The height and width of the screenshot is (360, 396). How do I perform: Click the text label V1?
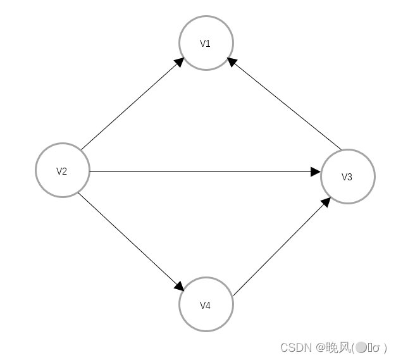coord(206,44)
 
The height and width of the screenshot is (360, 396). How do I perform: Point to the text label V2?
coord(62,171)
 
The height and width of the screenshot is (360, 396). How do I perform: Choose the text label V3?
coord(347,177)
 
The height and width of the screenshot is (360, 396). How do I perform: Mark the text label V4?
coord(206,306)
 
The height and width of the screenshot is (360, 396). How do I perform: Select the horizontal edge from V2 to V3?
coord(202,171)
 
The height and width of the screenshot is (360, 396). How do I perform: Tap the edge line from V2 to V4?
coord(130,240)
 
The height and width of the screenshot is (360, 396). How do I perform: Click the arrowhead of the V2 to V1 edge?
coord(180,62)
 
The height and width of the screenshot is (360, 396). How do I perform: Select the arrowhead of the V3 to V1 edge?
coord(232,61)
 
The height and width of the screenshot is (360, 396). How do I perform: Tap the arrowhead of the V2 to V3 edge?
coord(316,171)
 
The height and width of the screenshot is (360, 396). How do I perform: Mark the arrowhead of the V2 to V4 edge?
coord(180,287)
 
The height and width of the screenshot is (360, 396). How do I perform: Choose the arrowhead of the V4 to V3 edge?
coord(326,202)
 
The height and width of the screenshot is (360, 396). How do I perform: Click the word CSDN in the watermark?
coord(293,347)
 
